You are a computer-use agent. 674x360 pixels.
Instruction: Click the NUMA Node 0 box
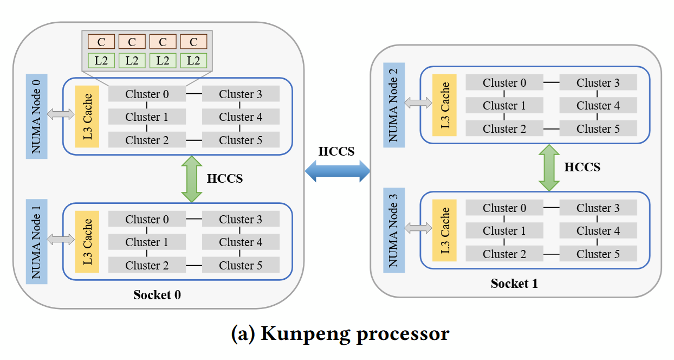(x=36, y=117)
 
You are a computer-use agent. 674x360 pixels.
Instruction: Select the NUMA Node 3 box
(x=394, y=230)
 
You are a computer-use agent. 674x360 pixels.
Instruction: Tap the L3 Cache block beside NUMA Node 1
(x=87, y=242)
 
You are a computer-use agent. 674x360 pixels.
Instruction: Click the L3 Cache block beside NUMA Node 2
(x=444, y=105)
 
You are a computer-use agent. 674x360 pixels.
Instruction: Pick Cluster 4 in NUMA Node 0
(x=241, y=117)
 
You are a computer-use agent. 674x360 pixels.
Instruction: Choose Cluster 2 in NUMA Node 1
(x=147, y=265)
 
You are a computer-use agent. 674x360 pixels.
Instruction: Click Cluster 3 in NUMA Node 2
(x=598, y=83)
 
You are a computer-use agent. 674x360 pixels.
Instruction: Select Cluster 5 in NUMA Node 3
(x=598, y=254)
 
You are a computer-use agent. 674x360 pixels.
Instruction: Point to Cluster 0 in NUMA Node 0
(x=147, y=94)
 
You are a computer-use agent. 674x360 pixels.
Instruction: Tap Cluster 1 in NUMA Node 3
(x=504, y=231)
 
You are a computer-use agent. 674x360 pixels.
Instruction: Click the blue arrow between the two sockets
(x=337, y=172)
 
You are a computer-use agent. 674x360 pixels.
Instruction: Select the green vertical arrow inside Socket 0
(x=191, y=179)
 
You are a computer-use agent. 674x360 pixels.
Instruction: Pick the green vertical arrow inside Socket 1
(x=548, y=168)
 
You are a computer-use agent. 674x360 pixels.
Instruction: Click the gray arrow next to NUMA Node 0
(x=61, y=114)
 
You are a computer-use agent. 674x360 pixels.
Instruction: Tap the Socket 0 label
(x=157, y=295)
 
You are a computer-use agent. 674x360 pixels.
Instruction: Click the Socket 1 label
(x=514, y=284)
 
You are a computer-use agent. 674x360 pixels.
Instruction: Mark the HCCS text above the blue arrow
(x=336, y=151)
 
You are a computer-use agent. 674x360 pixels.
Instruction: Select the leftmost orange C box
(x=101, y=42)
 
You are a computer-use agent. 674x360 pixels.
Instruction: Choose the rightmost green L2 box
(x=193, y=60)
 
